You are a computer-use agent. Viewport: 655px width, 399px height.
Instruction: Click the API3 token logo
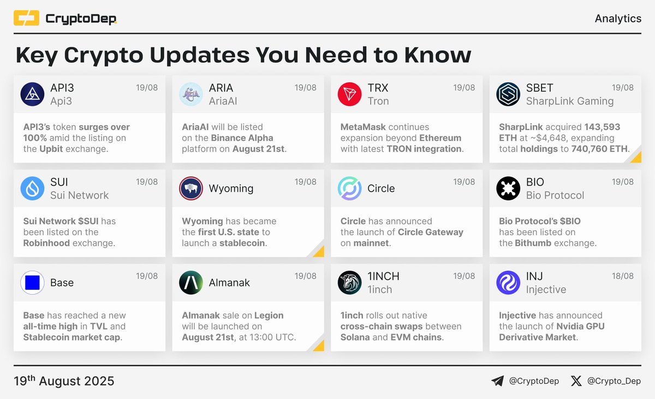(32, 94)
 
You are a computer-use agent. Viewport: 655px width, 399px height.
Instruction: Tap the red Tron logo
(349, 94)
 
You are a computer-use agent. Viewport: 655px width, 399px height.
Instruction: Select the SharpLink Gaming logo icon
(508, 94)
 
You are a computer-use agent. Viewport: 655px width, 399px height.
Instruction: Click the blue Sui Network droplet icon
(32, 189)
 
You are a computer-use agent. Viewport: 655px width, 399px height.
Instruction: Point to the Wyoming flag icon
(191, 189)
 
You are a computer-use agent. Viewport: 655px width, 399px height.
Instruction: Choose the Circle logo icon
(349, 189)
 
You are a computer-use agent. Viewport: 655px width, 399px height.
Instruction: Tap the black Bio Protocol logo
(508, 189)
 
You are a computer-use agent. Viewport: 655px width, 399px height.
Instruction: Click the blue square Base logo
(32, 283)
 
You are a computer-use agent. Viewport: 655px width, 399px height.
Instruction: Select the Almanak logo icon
(191, 283)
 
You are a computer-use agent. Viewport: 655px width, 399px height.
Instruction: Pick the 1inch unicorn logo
(349, 283)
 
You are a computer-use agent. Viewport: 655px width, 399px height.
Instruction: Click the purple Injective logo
(508, 283)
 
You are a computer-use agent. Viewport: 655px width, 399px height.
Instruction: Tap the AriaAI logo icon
(191, 94)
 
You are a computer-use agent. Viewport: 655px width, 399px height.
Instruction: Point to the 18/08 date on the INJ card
(623, 276)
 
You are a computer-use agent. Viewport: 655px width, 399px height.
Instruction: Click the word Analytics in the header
(618, 19)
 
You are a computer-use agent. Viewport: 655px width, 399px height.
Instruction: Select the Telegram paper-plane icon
(497, 381)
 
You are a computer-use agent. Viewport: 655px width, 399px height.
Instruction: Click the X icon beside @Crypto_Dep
(576, 381)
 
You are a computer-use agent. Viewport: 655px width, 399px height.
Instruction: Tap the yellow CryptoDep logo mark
(26, 19)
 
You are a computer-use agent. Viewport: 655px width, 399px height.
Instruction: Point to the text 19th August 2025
(64, 380)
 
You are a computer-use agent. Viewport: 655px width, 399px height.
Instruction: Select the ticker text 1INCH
(383, 276)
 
